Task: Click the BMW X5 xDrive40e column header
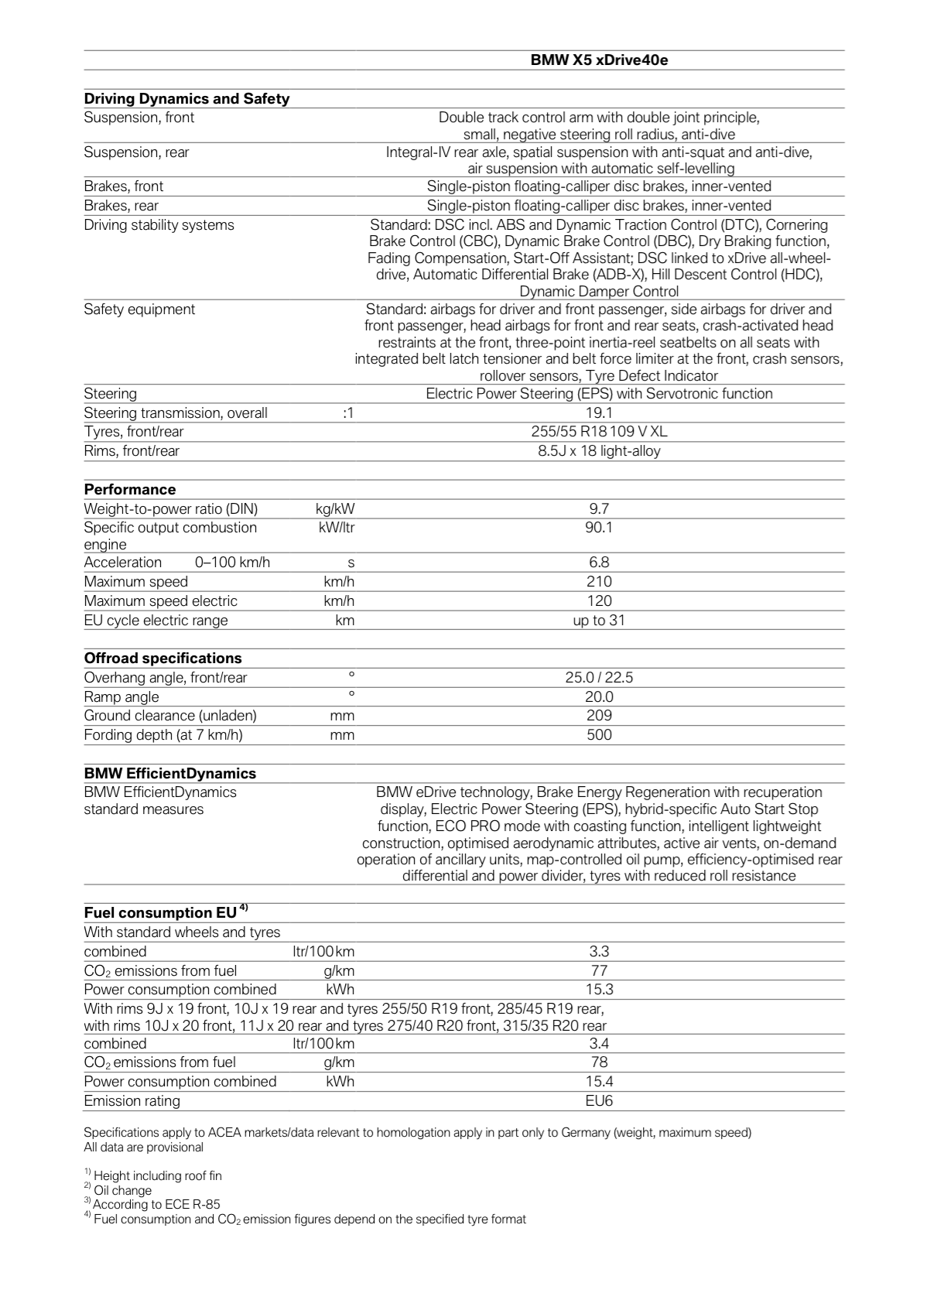pos(599,60)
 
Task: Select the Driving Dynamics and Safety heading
pos(186,98)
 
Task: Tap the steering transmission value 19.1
pos(599,412)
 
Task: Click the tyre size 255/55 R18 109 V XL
pos(599,432)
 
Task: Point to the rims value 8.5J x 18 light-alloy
pos(599,450)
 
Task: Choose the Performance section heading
pos(130,489)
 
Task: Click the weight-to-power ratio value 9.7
pos(599,508)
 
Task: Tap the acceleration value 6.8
pos(599,563)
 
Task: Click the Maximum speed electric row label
pos(160,601)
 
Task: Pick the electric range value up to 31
pos(599,620)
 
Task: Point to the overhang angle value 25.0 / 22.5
pos(599,678)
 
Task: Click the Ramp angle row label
pos(121,696)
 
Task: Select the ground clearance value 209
pos(599,716)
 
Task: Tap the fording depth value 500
pos(599,735)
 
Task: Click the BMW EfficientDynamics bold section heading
pos(169,773)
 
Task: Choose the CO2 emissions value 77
pos(599,970)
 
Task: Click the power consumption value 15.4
pos(599,1081)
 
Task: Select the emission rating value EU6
pos(599,1100)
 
